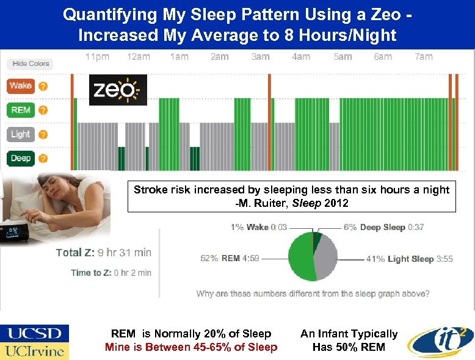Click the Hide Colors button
(x=31, y=63)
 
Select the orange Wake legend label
(x=20, y=86)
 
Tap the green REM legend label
(x=20, y=110)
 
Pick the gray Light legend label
(x=20, y=134)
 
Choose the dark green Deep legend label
(x=20, y=159)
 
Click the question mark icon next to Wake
(x=43, y=86)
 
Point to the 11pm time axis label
(x=97, y=57)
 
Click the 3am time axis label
(x=260, y=57)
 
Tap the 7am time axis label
(x=423, y=57)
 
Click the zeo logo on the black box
(x=118, y=90)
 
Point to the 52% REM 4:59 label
(x=230, y=258)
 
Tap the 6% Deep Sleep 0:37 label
(x=383, y=227)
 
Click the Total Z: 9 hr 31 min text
(x=103, y=252)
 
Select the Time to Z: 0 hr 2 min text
(x=111, y=273)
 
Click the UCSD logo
(x=34, y=334)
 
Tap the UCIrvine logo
(x=34, y=351)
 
